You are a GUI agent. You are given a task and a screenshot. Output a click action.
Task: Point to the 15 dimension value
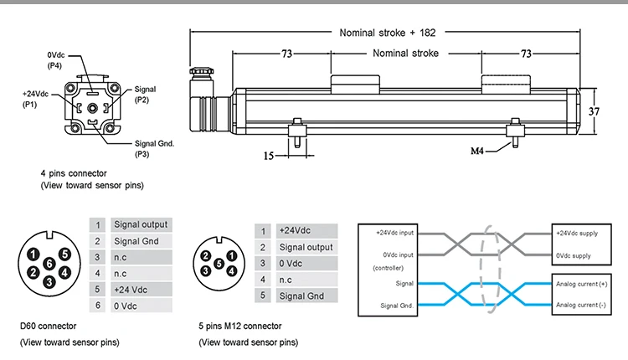point(269,155)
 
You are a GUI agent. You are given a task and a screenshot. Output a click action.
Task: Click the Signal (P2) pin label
point(145,94)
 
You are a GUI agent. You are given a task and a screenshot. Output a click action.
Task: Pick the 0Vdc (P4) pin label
point(55,60)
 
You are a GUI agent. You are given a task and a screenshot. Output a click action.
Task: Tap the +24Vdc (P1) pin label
point(36,100)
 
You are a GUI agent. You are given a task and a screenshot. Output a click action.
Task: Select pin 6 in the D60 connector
point(50,264)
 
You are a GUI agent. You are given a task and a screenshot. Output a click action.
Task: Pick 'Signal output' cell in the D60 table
point(141,224)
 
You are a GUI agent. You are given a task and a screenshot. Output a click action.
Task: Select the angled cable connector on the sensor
point(205,100)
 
